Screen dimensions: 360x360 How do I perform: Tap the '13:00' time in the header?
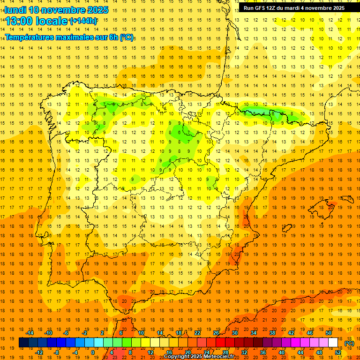(x=19, y=21)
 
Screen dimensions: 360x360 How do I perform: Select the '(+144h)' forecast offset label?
(x=83, y=21)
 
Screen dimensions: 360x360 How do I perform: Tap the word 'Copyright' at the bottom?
(x=177, y=357)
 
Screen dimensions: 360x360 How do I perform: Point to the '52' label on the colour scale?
(x=338, y=352)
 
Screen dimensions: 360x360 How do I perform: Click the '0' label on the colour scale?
(x=93, y=352)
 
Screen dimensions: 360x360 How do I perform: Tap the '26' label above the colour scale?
(x=216, y=333)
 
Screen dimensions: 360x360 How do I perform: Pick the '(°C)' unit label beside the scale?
(x=349, y=343)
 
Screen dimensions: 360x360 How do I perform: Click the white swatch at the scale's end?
(x=333, y=343)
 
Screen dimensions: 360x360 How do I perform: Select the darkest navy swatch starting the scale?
(x=23, y=343)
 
